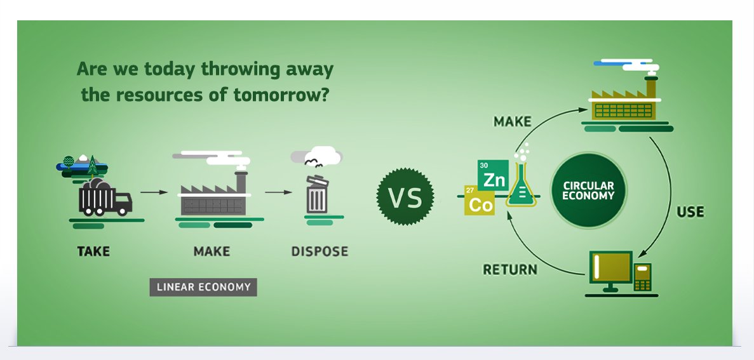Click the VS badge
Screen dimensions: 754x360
[405, 197]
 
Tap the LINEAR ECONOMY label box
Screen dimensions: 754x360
[203, 287]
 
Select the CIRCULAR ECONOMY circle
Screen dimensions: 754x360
[589, 190]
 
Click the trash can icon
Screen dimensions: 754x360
[318, 194]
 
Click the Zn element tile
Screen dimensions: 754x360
[493, 175]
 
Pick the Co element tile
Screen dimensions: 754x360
[480, 200]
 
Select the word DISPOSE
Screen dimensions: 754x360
[320, 251]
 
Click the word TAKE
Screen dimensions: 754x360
[93, 251]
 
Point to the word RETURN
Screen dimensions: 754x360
[509, 270]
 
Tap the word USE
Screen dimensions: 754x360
[690, 212]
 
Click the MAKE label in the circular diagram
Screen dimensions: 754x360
[513, 122]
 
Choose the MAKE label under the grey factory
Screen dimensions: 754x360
[212, 251]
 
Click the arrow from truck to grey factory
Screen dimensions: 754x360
[154, 192]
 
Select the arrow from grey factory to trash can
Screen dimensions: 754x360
[278, 192]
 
